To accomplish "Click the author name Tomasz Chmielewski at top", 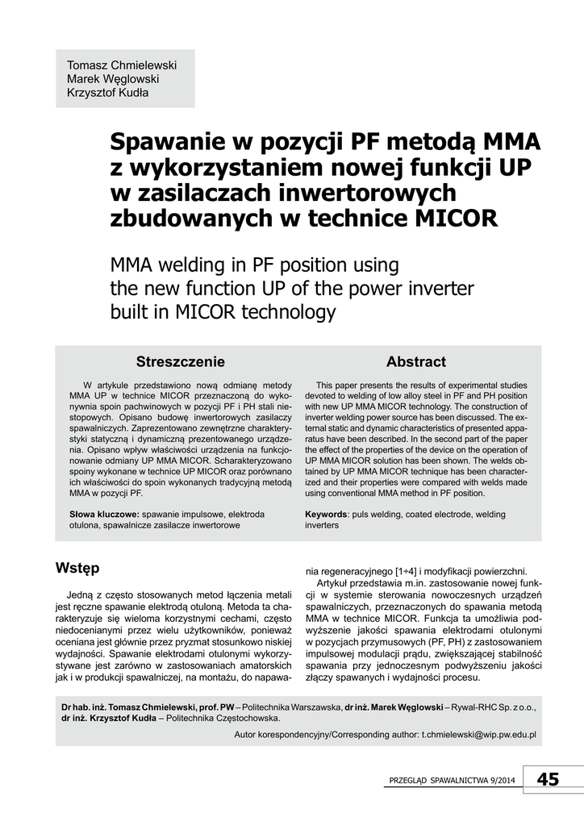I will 122,65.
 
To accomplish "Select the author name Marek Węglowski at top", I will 113,78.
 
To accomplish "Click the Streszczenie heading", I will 180,361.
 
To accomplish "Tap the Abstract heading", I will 415,361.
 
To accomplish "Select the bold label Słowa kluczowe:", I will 105,514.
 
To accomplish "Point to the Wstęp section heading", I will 77,568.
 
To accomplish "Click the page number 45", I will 548,778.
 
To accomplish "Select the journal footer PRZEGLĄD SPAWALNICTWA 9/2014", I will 451,781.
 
